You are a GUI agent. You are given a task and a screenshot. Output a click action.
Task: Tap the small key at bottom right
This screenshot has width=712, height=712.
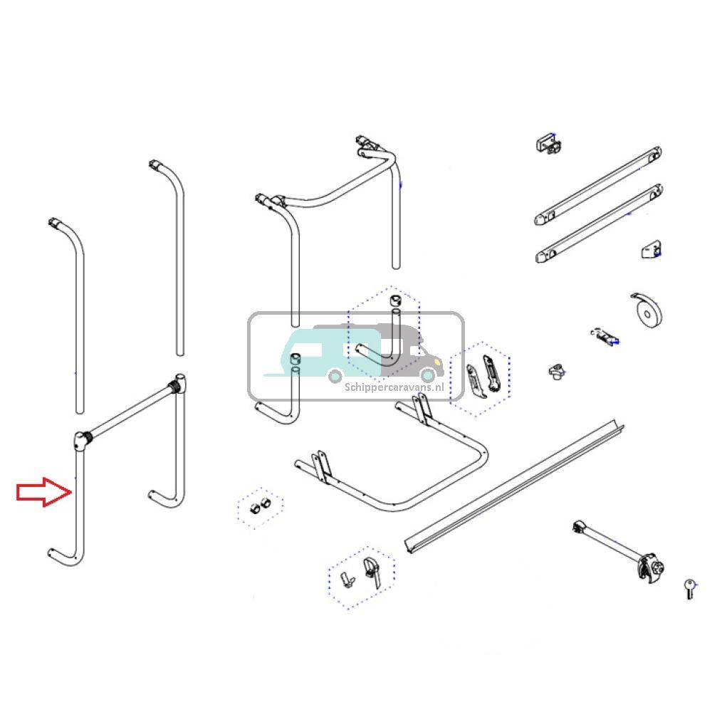pos(689,588)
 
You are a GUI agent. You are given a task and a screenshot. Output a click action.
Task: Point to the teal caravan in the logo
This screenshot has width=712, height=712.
pos(313,354)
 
